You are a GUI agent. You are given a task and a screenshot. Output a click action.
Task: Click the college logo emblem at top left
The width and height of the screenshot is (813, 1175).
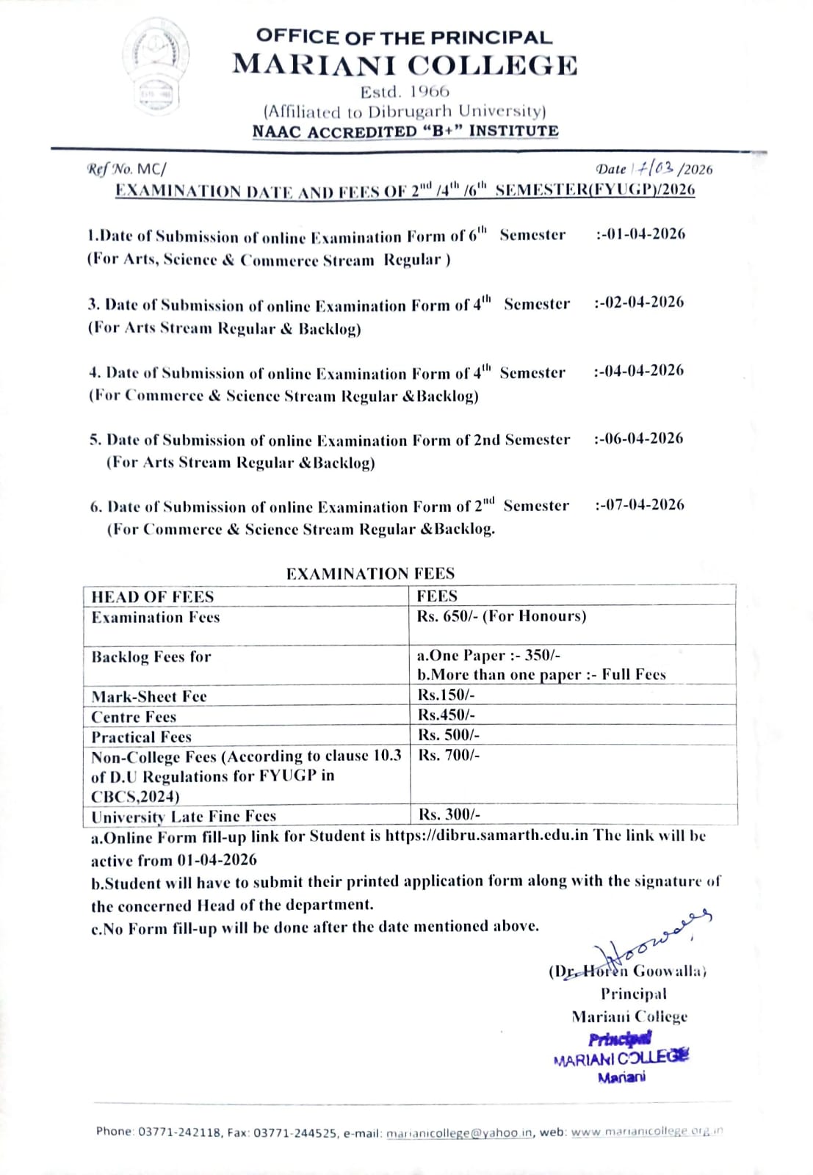pos(155,67)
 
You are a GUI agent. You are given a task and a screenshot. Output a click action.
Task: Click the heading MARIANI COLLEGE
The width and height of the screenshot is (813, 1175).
pos(405,65)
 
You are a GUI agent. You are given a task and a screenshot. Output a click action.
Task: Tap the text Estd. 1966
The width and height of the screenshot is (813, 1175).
pos(405,92)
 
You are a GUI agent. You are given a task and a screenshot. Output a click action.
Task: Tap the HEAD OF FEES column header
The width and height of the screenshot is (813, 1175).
pos(153,596)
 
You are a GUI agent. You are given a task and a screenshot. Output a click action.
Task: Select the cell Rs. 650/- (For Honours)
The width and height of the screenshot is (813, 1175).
pos(502,616)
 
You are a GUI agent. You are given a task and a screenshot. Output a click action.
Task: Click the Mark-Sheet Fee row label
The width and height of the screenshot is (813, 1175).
pos(149,696)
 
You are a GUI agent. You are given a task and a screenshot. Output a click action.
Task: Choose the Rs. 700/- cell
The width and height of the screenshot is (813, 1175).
pos(449,755)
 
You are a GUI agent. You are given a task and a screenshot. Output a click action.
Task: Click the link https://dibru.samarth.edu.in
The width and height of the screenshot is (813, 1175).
pos(486,836)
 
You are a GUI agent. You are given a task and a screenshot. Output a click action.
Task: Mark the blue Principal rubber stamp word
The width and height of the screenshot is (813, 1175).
pos(619,1039)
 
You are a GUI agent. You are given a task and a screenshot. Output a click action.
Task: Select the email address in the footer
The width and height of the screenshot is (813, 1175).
pos(459,1133)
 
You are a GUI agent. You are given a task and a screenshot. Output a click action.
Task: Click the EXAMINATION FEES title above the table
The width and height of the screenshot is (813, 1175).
pos(370,574)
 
